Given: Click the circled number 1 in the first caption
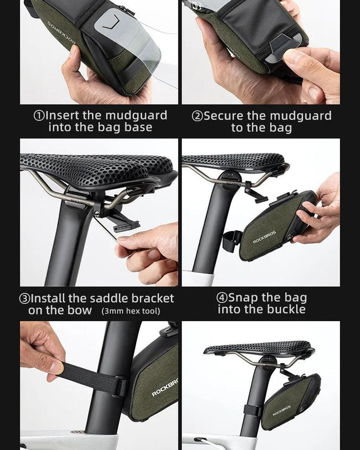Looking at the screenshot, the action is point(40,115).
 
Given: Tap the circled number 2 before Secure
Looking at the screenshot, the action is point(197,116).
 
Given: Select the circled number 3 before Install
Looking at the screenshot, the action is point(24,299).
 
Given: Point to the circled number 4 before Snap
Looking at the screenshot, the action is point(222,298).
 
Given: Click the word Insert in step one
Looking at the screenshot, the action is point(63,115).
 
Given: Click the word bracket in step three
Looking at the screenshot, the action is point(153,298).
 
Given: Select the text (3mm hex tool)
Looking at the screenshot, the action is point(131,311).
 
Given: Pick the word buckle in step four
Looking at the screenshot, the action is point(286,309).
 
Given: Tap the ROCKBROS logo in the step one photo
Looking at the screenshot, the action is point(61,33).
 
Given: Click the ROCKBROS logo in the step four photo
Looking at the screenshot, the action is point(265,237).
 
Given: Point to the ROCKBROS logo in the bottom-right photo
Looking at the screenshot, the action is point(281,410).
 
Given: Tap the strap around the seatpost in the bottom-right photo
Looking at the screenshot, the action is point(253,410).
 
